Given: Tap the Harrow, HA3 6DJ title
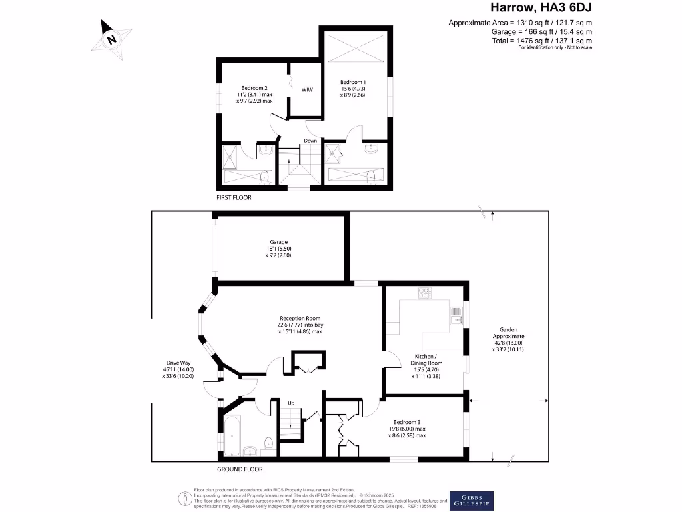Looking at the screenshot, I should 541,9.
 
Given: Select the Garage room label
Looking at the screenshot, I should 278,243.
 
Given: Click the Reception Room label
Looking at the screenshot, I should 300,318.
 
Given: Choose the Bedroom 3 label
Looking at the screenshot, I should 406,421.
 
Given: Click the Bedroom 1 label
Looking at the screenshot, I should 352,81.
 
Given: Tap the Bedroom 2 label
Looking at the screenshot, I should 254,88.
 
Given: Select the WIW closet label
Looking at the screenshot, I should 307,89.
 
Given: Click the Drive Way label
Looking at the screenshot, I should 178,363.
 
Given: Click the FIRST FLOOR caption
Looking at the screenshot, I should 234,197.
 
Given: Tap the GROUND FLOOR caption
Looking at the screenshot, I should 240,469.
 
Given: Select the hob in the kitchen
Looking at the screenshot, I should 424,292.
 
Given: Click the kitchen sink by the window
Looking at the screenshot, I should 456,314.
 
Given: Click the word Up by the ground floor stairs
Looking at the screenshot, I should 291,403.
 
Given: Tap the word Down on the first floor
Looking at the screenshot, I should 310,141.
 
